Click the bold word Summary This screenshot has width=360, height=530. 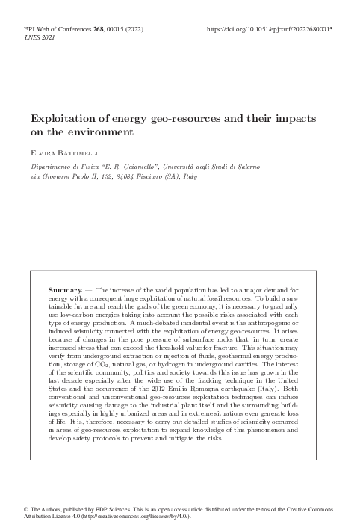64,289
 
